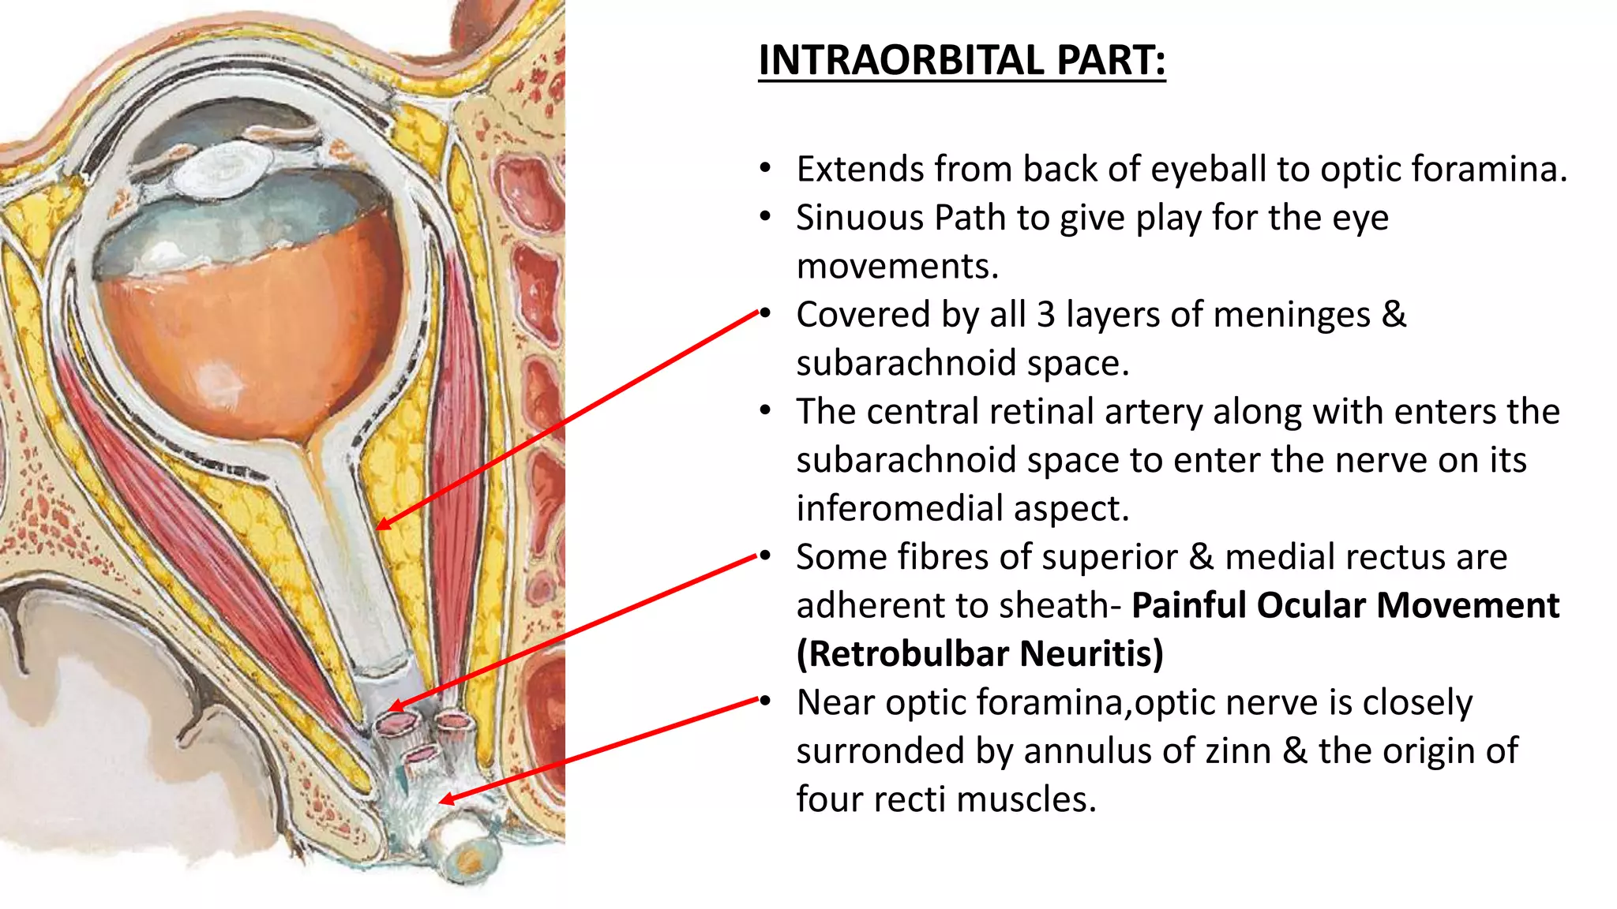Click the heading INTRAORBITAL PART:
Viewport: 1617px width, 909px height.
click(x=962, y=60)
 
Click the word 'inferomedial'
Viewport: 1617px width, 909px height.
click(x=899, y=509)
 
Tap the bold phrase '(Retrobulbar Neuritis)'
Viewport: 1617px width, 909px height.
click(x=980, y=654)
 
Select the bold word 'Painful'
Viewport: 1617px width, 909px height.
click(x=1188, y=606)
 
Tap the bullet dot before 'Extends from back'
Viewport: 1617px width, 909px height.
click(x=764, y=169)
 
